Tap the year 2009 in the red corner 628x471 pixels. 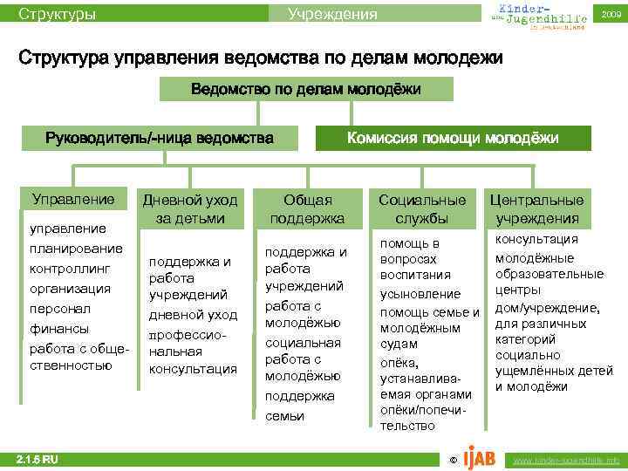pyautogui.click(x=610, y=15)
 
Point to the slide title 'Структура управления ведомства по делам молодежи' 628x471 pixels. pyautogui.click(x=261, y=58)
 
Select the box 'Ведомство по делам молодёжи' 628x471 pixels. pyautogui.click(x=305, y=89)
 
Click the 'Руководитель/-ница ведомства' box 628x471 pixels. pyautogui.click(x=159, y=138)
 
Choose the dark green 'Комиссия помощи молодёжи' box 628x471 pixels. pyautogui.click(x=453, y=138)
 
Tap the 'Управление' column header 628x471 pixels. pyautogui.click(x=73, y=199)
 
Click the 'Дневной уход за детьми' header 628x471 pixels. pyautogui.click(x=190, y=208)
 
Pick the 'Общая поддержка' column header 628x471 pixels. pyautogui.click(x=307, y=208)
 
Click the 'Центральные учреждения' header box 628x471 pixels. pyautogui.click(x=536, y=208)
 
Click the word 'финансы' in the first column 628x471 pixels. pyautogui.click(x=58, y=329)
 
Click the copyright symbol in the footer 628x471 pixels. pyautogui.click(x=451, y=460)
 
